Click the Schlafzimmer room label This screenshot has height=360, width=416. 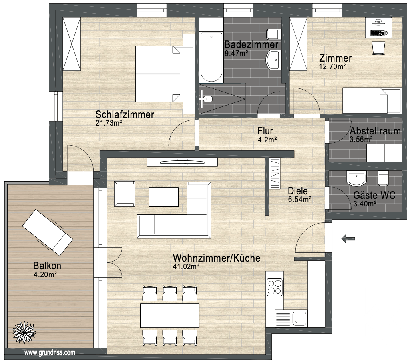tap(124, 115)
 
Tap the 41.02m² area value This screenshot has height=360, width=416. tap(186, 266)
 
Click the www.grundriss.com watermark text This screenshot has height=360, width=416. tap(50, 353)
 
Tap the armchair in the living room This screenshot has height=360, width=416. tap(125, 194)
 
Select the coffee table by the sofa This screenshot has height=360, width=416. tap(163, 197)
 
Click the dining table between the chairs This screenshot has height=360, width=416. tap(169, 315)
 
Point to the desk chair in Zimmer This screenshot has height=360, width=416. tap(378, 48)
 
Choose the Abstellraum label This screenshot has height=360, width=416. tap(375, 131)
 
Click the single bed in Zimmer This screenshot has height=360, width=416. tap(371, 101)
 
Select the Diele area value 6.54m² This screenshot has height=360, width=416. tap(299, 199)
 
